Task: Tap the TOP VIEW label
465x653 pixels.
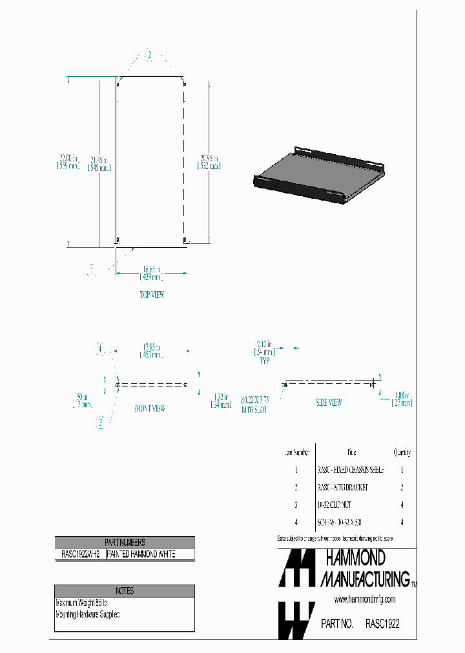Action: tap(152, 295)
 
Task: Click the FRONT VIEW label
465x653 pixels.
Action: tap(150, 408)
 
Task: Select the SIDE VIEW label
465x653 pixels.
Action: tap(329, 402)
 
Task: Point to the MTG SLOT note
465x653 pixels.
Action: tap(255, 405)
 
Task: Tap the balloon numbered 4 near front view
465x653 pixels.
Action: tap(99, 350)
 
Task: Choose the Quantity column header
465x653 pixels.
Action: tap(401, 453)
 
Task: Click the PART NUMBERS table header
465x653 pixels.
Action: tap(125, 543)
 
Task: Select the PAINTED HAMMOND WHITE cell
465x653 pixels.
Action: tap(141, 554)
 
